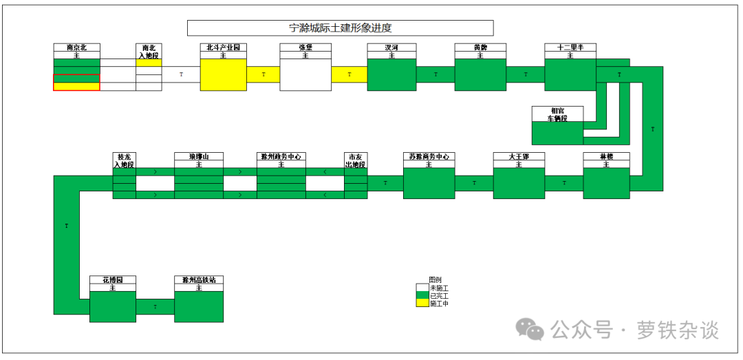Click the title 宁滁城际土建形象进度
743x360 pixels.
341,28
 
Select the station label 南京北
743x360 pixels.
76,47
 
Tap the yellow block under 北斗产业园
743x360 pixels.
223,74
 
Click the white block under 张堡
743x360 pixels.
305,74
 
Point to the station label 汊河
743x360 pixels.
391,47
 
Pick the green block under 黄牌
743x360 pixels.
480,74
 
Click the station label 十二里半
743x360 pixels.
570,47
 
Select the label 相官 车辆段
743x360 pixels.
557,114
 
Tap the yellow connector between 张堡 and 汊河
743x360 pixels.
349,74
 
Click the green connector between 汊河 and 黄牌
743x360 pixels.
435,74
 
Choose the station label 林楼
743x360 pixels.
606,157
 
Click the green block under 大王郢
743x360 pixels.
519,183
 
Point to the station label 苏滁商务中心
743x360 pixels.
429,157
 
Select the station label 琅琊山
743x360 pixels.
198,157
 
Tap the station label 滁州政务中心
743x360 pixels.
281,157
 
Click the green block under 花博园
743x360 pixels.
112,306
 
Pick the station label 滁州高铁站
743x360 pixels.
198,280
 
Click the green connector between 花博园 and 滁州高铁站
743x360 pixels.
155,306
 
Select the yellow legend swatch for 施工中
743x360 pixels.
422,303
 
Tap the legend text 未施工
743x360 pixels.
439,288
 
